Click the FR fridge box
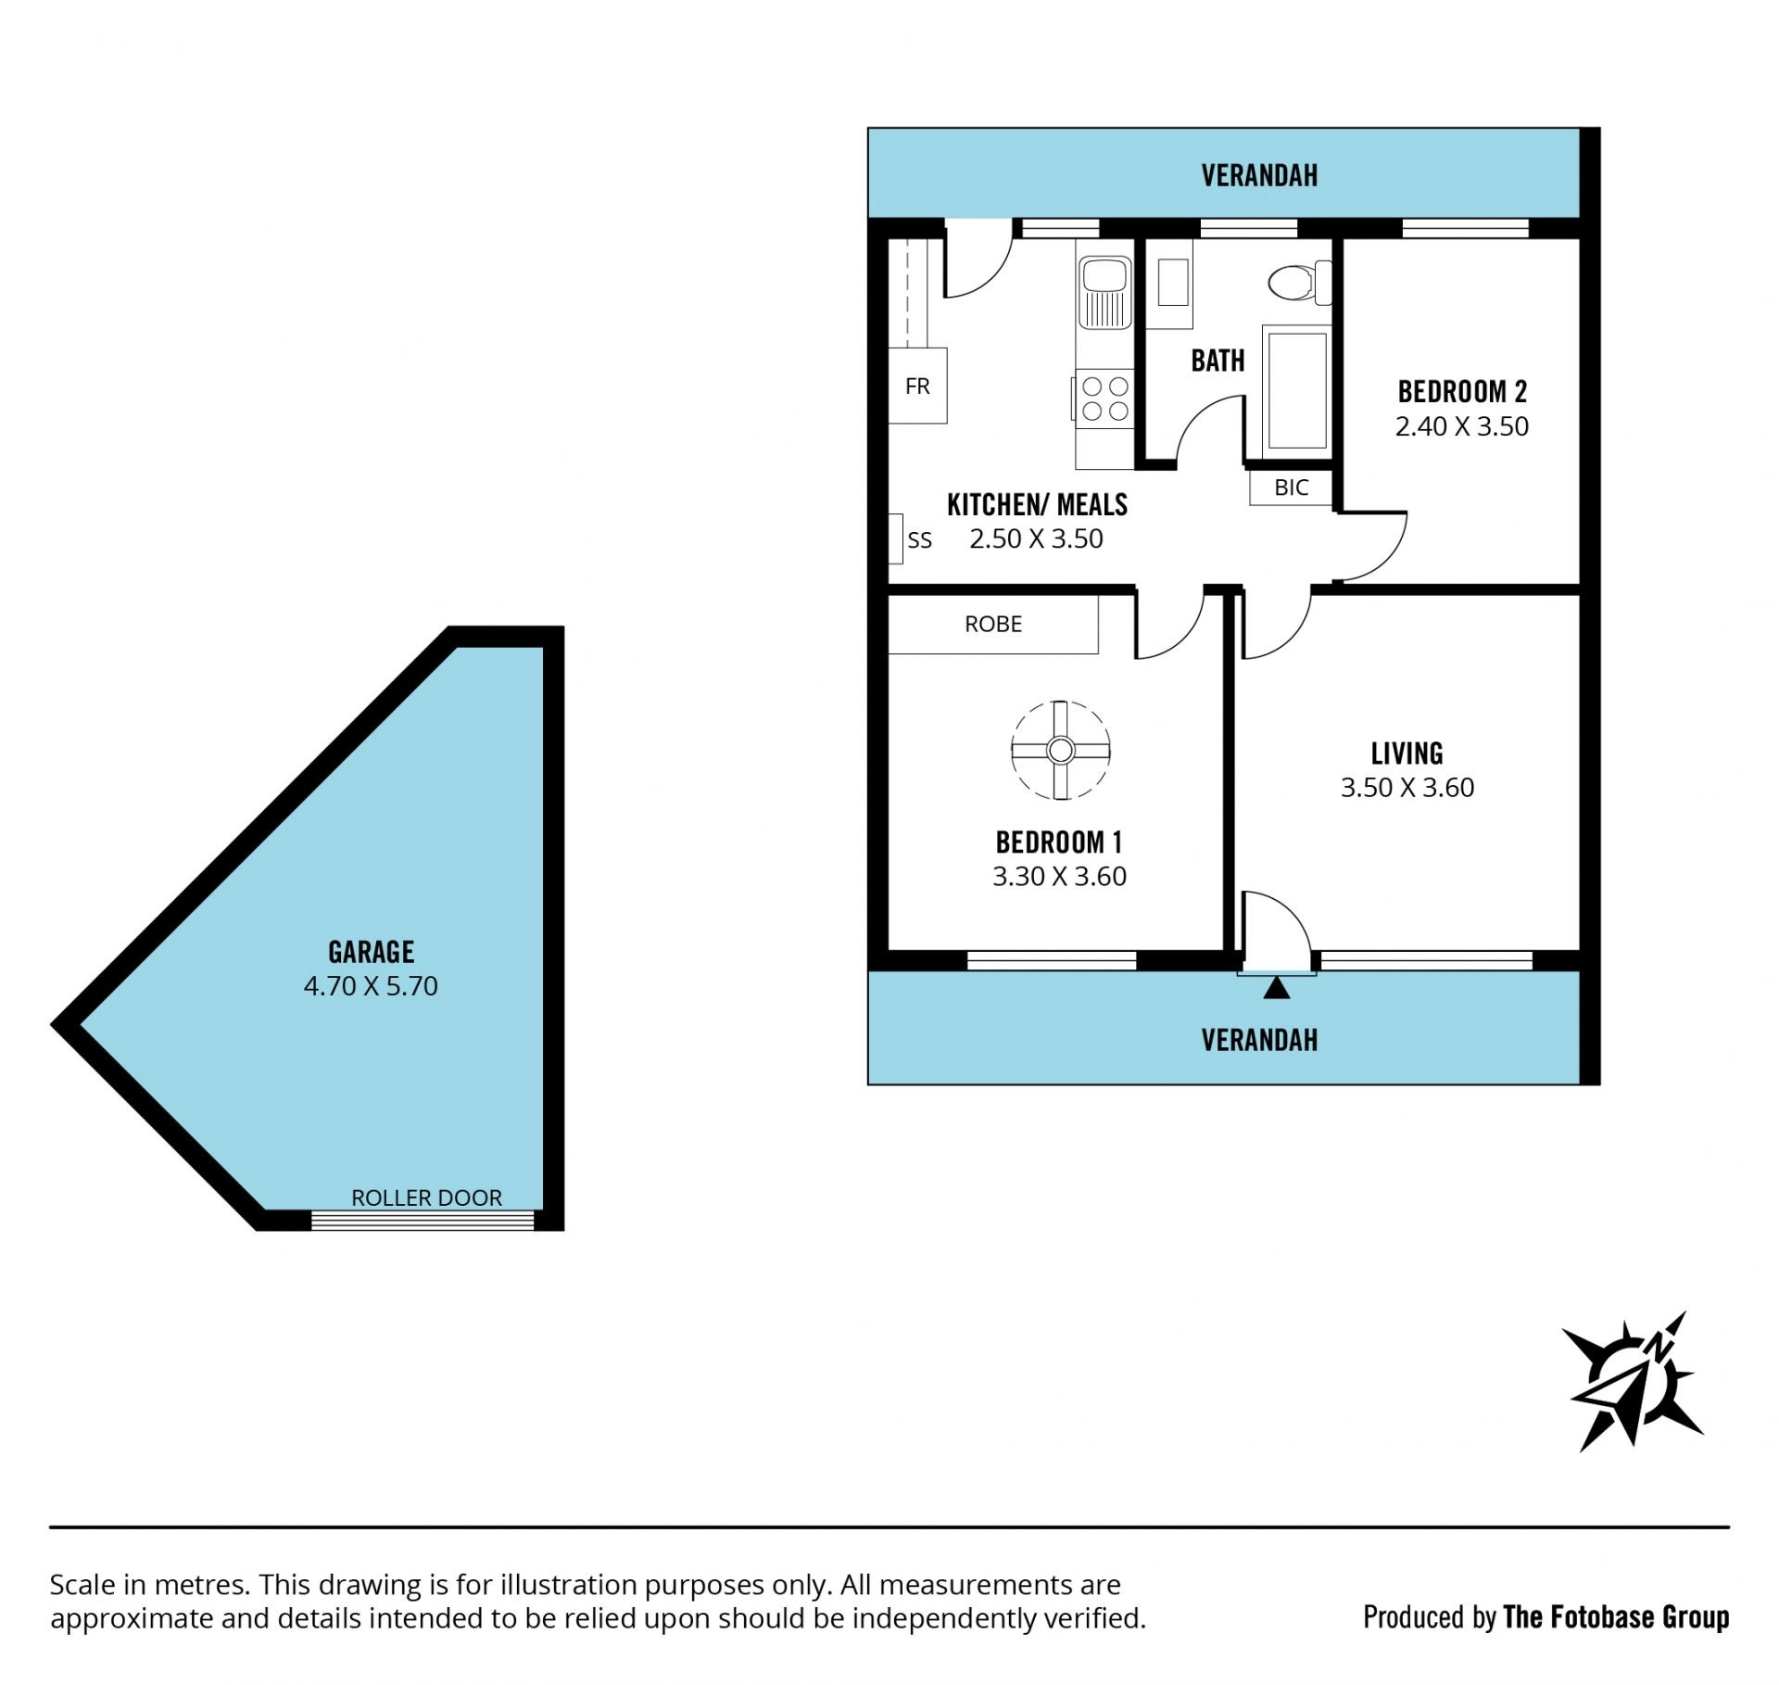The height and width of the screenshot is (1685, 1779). tap(917, 386)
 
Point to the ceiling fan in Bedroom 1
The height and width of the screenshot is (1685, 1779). tap(1060, 750)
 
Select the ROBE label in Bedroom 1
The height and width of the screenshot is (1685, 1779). tap(993, 624)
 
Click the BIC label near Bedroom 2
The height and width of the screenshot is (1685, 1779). tap(1291, 488)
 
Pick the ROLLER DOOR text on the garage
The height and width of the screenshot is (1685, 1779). tap(426, 1197)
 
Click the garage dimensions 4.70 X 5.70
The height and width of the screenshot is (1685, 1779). tap(371, 985)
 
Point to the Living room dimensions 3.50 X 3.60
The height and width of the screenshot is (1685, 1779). tap(1407, 787)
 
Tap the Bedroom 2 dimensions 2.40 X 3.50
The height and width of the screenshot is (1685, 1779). tap(1461, 426)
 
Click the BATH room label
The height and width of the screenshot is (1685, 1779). tap(1218, 361)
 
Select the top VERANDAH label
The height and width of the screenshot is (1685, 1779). tap(1259, 175)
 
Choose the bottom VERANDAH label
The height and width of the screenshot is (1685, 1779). tap(1259, 1040)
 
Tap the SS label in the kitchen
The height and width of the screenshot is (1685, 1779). tap(919, 540)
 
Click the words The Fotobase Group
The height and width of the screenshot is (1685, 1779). tap(1616, 1617)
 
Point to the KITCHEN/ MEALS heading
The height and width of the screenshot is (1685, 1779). tap(1037, 504)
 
